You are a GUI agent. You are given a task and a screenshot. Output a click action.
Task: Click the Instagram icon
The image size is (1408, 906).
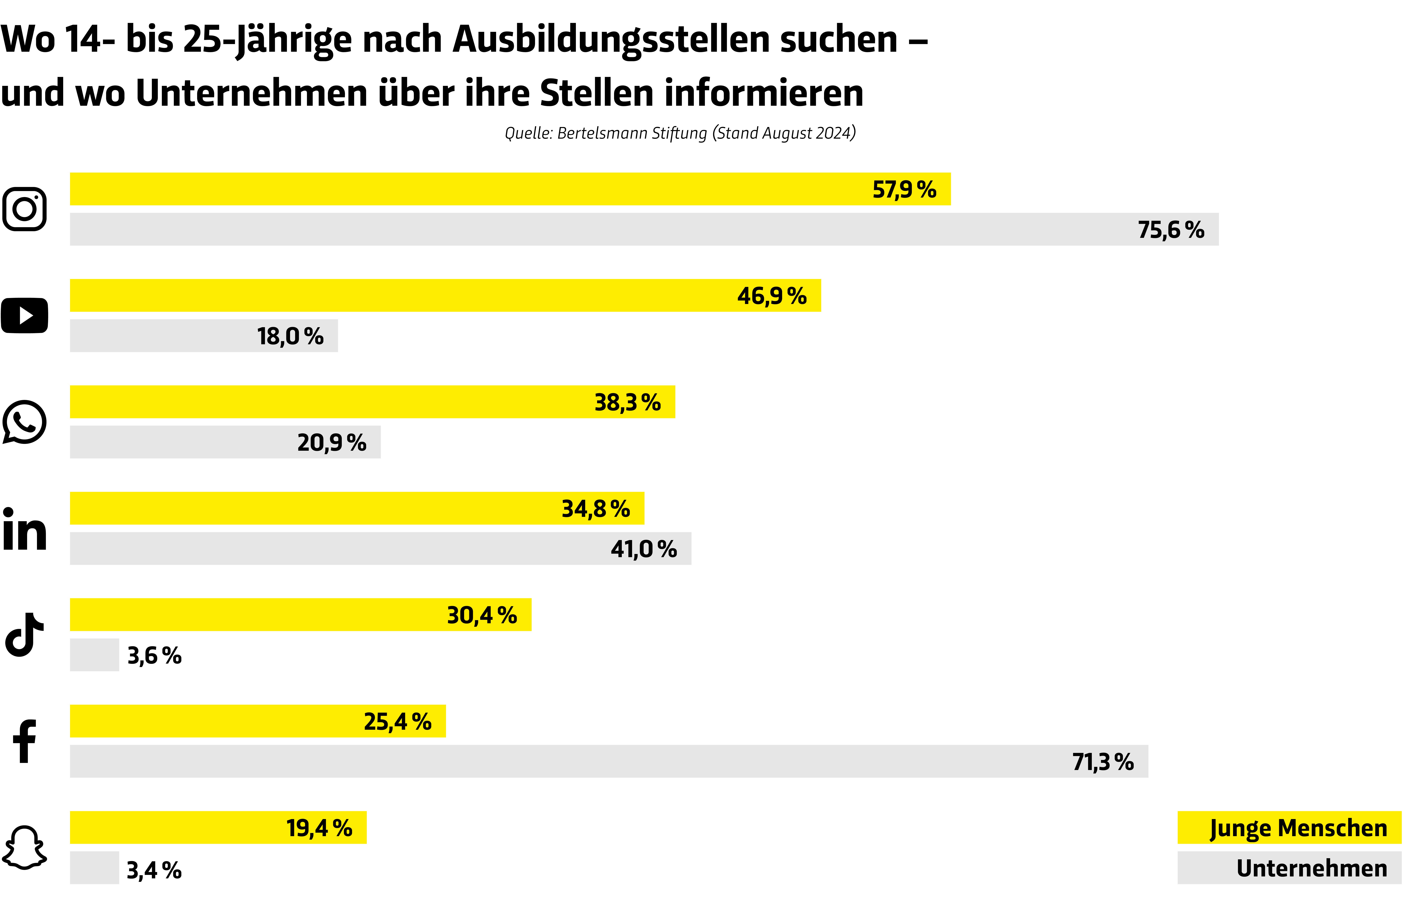pos(24,209)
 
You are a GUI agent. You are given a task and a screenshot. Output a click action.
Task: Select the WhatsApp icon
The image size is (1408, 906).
pos(24,422)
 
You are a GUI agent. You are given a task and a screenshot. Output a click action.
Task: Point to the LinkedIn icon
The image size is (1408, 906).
pos(24,530)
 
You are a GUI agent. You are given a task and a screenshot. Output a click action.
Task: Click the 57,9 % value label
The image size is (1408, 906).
pos(904,189)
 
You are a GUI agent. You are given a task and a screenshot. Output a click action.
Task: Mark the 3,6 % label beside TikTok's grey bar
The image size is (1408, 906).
pos(154,655)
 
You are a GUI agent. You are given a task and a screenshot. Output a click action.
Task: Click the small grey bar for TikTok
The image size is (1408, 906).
pos(94,655)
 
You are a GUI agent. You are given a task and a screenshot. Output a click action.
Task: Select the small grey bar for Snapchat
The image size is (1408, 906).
pos(94,868)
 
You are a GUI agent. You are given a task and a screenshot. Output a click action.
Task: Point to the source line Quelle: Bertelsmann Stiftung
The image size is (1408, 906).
pos(680,133)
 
